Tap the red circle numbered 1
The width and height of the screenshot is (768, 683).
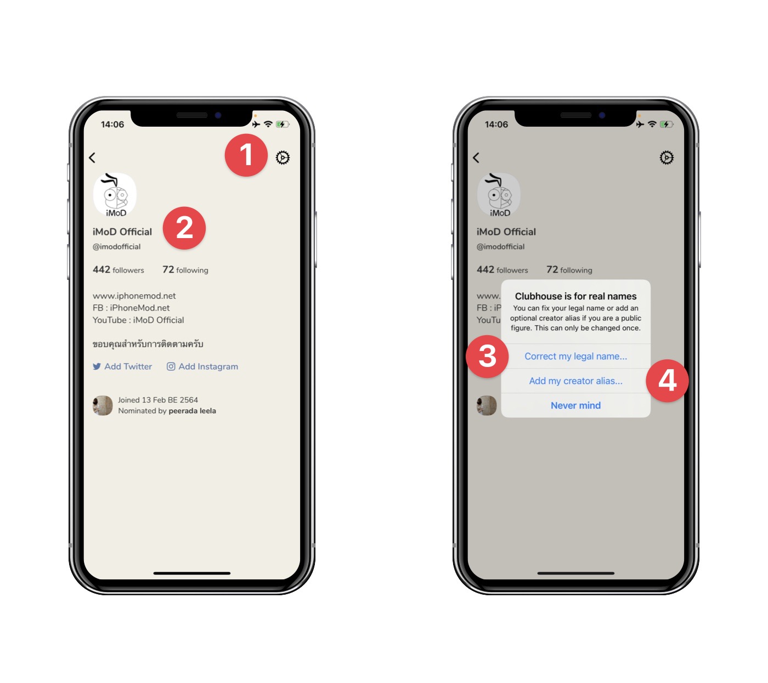pos(246,155)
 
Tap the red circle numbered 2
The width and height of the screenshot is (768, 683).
pos(184,228)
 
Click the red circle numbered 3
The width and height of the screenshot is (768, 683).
pos(487,356)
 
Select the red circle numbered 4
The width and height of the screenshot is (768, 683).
pos(667,381)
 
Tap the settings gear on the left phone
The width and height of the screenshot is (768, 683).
pos(283,157)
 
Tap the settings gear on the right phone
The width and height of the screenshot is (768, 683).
pos(667,157)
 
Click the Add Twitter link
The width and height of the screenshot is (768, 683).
pos(122,366)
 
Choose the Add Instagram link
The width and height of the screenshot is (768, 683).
pos(202,366)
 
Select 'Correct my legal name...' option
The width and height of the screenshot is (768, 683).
pos(575,356)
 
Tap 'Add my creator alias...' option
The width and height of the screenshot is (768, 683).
pos(575,381)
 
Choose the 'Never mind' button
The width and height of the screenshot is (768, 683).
pos(575,405)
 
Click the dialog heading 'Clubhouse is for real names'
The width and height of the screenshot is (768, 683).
pos(575,296)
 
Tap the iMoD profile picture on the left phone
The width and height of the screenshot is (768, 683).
pos(115,194)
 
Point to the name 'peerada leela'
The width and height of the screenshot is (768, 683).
pos(192,411)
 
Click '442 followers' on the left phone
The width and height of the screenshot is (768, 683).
pos(118,270)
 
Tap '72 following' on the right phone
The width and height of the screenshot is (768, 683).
pos(569,270)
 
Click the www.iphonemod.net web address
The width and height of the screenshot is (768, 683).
pos(134,296)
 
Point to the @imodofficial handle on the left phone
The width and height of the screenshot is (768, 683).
pos(116,247)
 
